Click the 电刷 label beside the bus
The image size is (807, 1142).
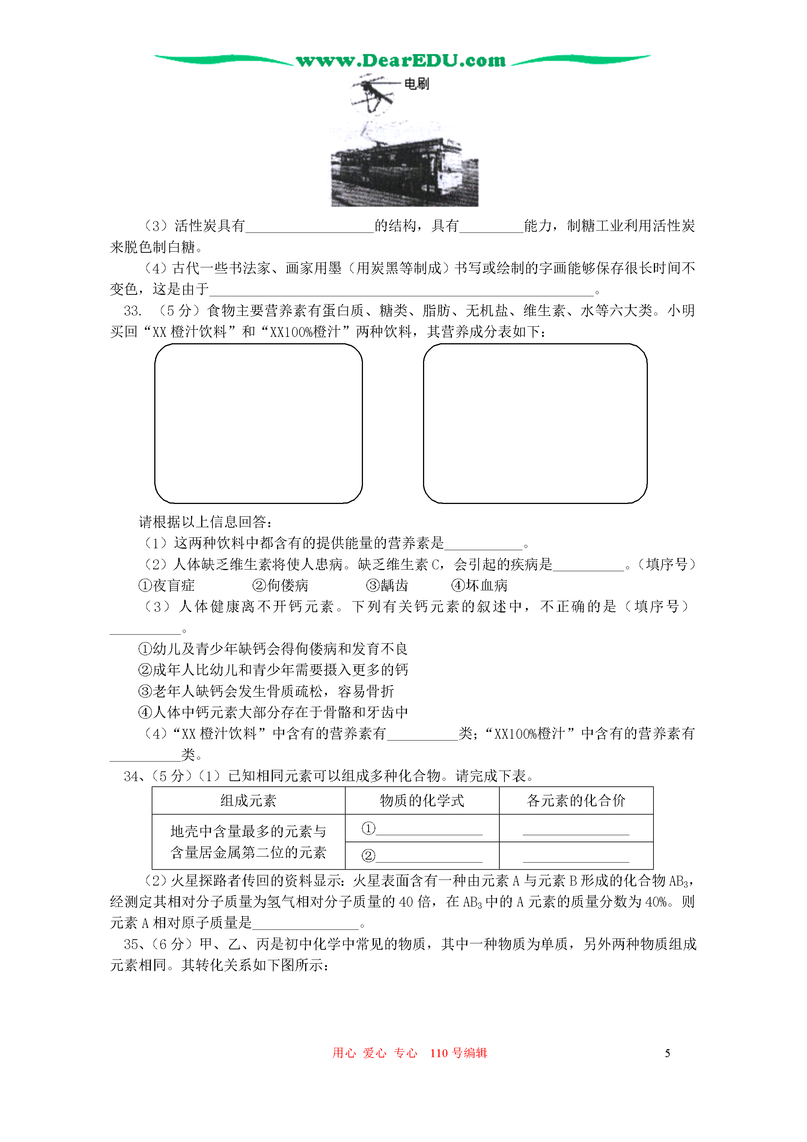point(416,84)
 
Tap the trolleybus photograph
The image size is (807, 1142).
point(404,172)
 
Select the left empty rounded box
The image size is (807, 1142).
point(258,423)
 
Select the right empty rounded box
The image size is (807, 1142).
point(534,423)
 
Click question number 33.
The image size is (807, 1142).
point(132,311)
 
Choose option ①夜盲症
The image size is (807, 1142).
point(167,585)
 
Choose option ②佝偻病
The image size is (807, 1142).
point(280,585)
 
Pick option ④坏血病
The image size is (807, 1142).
point(479,585)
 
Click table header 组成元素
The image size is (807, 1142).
point(248,800)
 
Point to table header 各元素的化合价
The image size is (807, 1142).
point(576,800)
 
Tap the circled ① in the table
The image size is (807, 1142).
point(368,828)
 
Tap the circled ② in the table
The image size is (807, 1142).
point(368,855)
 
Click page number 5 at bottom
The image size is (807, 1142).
point(667,1053)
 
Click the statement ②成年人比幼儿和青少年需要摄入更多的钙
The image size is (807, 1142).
point(273,670)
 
